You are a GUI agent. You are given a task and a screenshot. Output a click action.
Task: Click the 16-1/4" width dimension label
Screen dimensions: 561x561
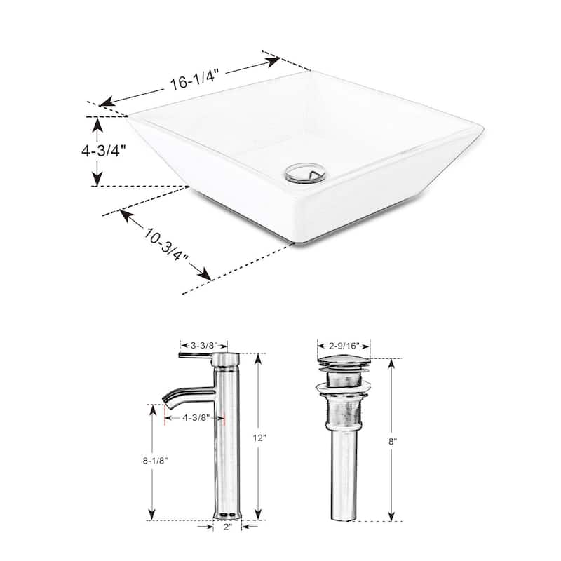[x=188, y=81]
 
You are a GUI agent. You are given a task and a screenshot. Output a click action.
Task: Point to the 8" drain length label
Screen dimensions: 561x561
[x=394, y=441]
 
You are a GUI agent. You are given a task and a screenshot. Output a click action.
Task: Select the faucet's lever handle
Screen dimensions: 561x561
[x=196, y=358]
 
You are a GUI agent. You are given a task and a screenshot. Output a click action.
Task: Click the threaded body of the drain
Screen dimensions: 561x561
[x=344, y=414]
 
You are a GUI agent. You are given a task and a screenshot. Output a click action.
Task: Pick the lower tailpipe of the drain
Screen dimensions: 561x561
[x=344, y=484]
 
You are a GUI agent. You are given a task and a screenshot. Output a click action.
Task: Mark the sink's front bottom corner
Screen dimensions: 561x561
[x=293, y=243]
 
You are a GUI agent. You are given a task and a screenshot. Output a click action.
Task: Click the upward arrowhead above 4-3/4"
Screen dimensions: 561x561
[x=96, y=123]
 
